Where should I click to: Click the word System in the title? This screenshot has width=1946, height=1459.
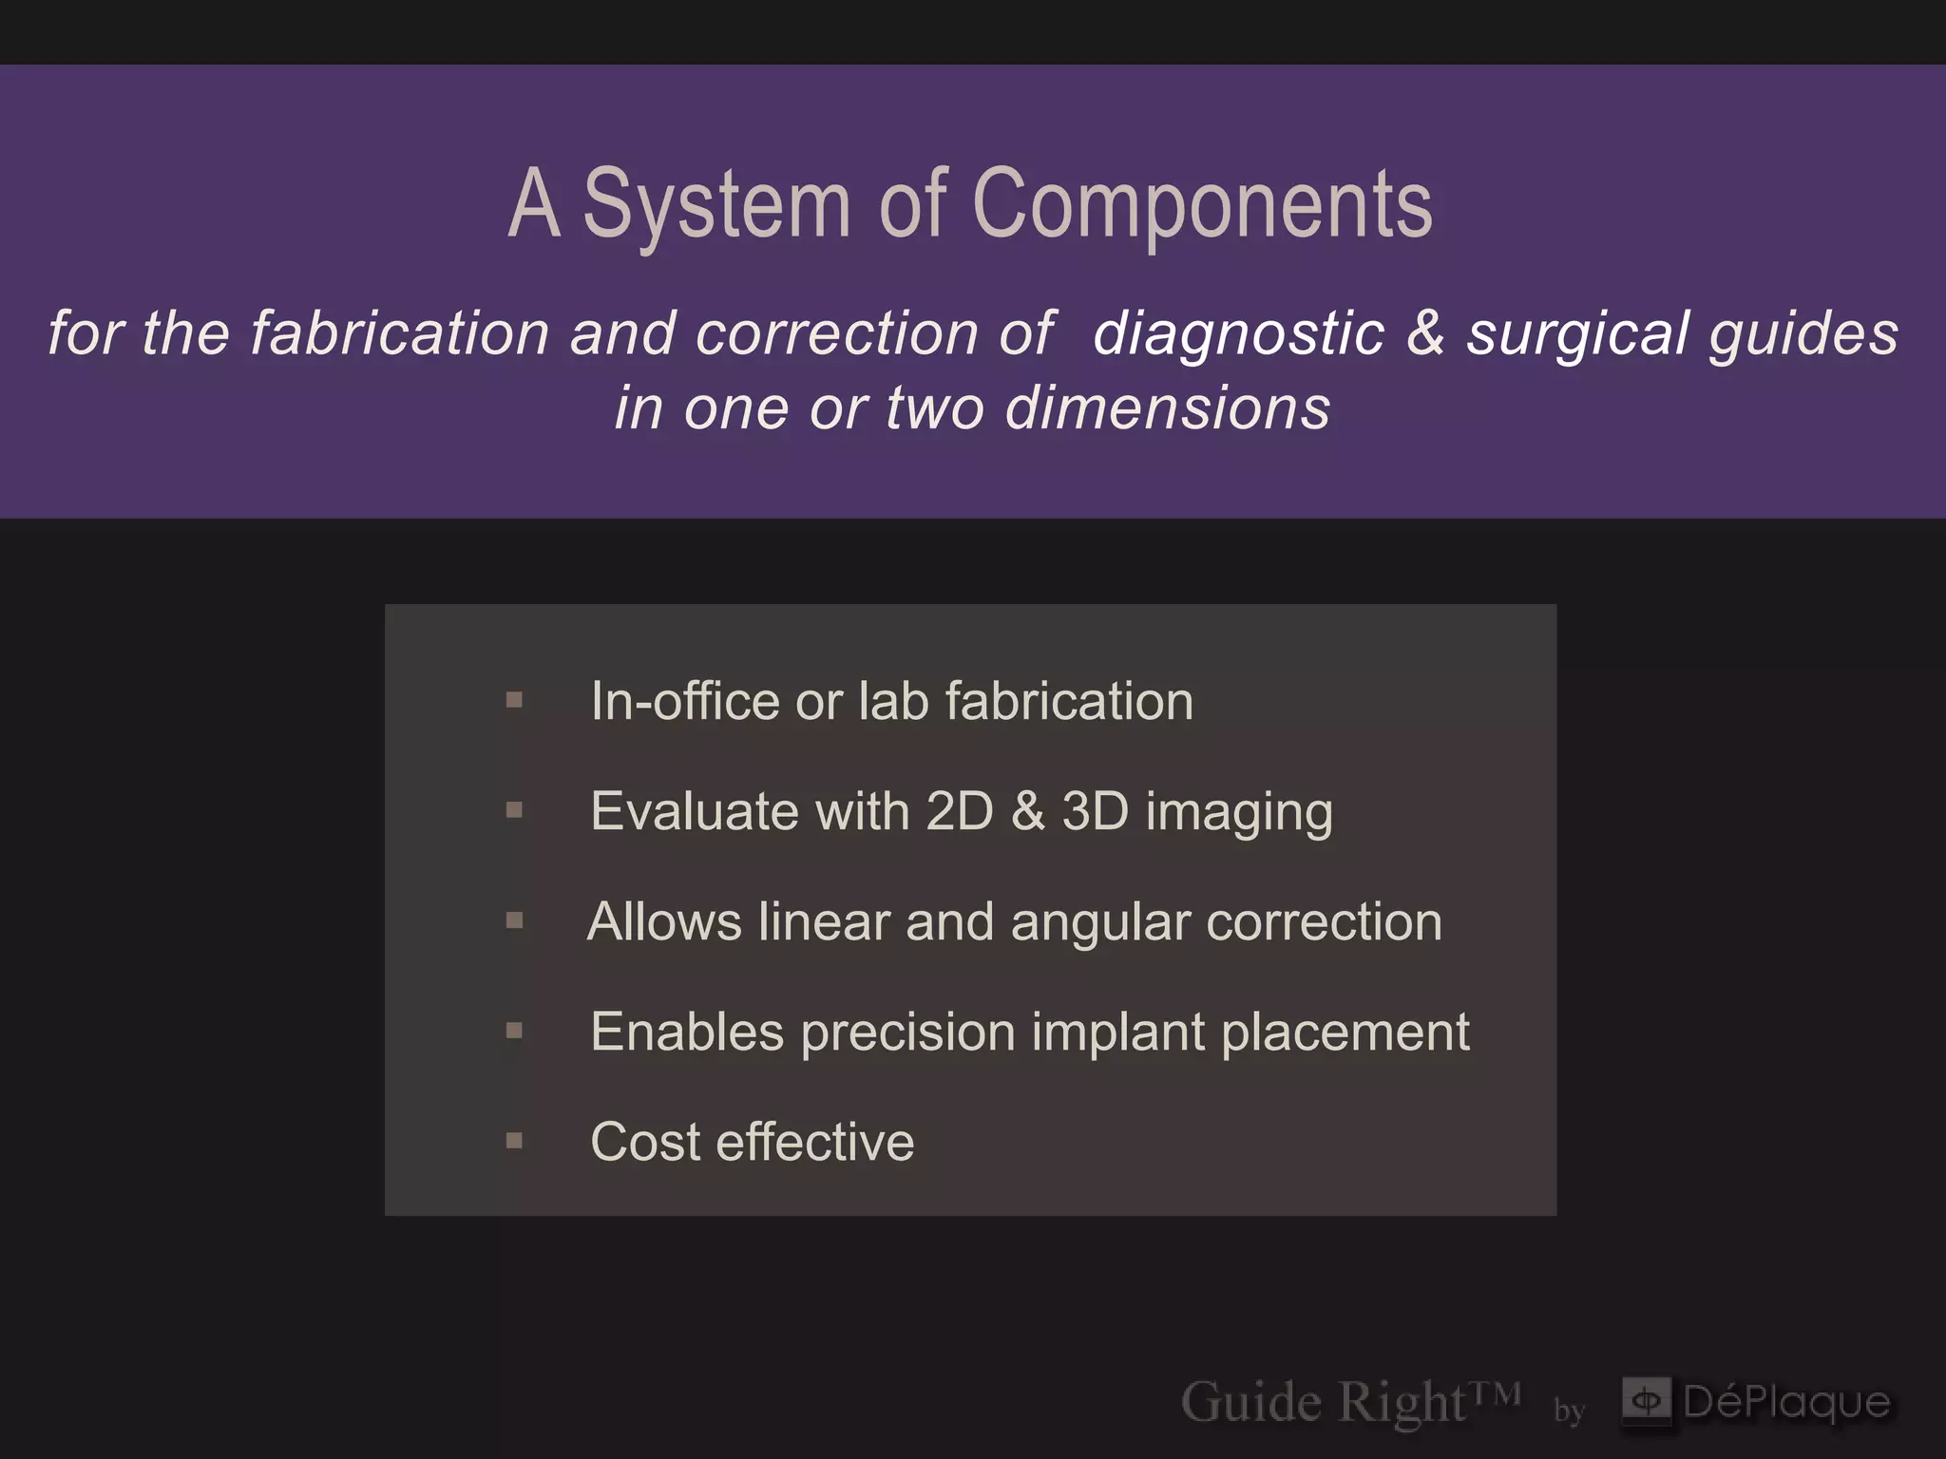coord(716,204)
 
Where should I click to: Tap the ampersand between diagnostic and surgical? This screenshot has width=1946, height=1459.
coord(1425,333)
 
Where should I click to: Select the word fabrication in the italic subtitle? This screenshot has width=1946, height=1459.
coord(400,333)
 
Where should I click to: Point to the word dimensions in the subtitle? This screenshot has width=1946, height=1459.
coord(1168,407)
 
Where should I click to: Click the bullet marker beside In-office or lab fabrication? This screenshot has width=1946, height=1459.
coord(514,701)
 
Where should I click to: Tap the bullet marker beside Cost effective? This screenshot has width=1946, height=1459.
coord(514,1141)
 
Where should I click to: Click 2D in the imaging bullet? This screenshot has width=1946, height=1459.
coord(960,811)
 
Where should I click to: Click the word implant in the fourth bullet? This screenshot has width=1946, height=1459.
coord(1117,1033)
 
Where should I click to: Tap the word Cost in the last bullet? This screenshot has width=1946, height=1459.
coord(645,1142)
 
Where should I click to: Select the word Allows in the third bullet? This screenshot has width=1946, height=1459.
coord(664,921)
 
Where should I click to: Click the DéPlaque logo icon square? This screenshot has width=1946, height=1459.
coord(1646,1401)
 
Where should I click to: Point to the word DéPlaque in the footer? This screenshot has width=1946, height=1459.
coord(1786,1403)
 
